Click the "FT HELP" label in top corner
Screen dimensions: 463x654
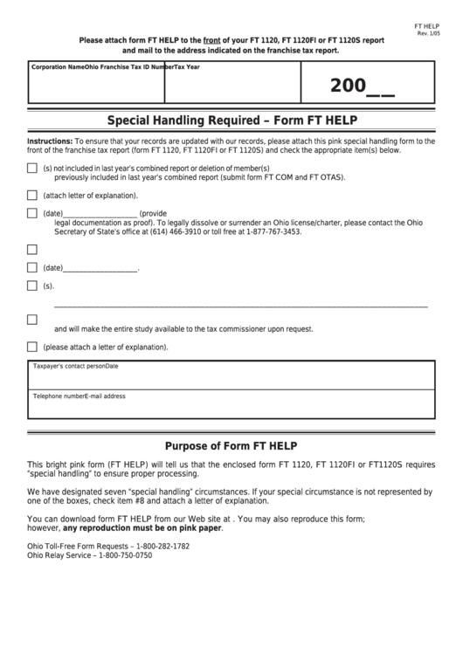coord(427,26)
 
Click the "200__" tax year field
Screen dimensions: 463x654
coord(362,86)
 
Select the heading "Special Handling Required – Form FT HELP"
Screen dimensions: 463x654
coord(231,120)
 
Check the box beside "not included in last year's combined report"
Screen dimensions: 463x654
coord(32,169)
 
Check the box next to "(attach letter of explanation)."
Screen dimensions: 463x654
coord(32,196)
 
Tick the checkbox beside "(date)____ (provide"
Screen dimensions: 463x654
coord(32,213)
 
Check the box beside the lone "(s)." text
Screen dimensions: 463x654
coord(32,286)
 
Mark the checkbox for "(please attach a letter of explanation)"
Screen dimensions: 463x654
coord(32,347)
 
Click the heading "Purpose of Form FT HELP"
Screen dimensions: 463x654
coord(231,444)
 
